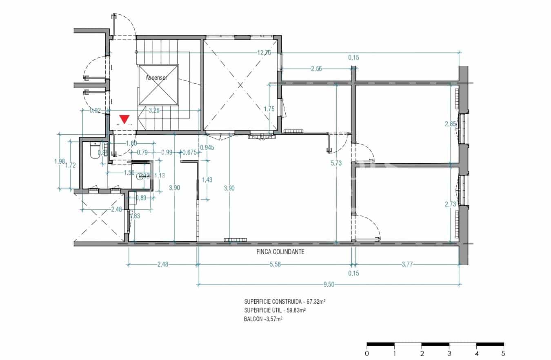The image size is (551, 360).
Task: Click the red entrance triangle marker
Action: pos(124,119)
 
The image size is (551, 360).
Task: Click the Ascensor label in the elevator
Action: pos(156,78)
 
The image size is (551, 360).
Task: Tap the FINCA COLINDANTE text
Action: pos(280,252)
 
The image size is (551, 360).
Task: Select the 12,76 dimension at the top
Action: pos(264,52)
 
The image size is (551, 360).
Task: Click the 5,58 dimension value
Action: pos(275,264)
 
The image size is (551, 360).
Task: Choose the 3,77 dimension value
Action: pos(407,264)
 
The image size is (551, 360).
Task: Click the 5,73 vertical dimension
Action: pos(336,163)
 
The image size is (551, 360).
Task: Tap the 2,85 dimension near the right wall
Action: pos(450,124)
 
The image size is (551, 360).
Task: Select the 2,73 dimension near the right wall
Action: pos(450,204)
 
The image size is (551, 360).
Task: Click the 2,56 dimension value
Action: pos(316,69)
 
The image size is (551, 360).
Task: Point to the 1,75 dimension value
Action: pos(269,109)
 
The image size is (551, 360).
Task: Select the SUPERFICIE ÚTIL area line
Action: pos(275,311)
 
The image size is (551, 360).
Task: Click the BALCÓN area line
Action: pos(263,320)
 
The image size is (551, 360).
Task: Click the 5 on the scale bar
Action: pos(503,353)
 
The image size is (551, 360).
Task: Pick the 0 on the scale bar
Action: pos(367,353)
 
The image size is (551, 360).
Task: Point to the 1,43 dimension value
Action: pos(208,180)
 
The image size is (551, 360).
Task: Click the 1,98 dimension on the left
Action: pos(59,161)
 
